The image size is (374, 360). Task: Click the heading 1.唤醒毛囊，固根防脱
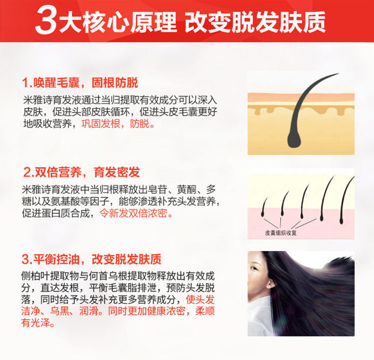point(80,83)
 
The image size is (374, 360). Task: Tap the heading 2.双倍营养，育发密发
point(81,172)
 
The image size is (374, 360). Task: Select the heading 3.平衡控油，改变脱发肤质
point(91,259)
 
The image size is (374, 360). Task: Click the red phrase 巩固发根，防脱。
point(118,124)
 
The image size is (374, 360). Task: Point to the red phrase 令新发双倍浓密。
point(136,213)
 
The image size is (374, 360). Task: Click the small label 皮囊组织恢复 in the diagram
point(281,233)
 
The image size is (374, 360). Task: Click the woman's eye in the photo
point(255,268)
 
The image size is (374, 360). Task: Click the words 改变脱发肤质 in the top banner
point(256,22)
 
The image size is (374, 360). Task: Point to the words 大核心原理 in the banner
point(118,22)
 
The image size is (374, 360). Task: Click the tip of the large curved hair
point(338,74)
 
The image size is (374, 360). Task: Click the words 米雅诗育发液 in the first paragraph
point(52,100)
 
